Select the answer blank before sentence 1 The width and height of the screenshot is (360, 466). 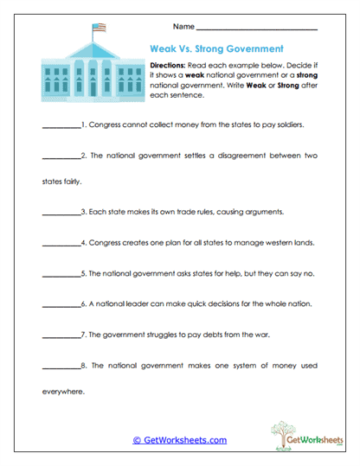[x=60, y=124]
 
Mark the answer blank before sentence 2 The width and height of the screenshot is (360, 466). [x=60, y=156]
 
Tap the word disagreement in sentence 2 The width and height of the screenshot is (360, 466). [x=222, y=156]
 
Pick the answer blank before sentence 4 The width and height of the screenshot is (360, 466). [x=60, y=244]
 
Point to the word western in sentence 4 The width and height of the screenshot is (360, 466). [x=270, y=244]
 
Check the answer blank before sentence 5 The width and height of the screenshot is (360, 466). [x=60, y=274]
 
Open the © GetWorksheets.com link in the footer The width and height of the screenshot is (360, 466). [x=179, y=440]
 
